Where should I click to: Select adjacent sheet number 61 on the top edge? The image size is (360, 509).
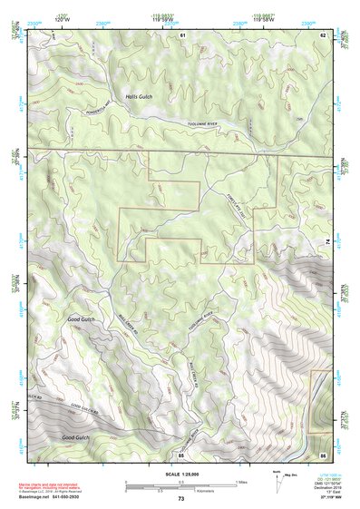[182, 34]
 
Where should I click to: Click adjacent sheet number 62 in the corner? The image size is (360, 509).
[324, 34]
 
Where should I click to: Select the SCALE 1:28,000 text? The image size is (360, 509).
[180, 474]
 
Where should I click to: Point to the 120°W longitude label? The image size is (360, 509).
[61, 17]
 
